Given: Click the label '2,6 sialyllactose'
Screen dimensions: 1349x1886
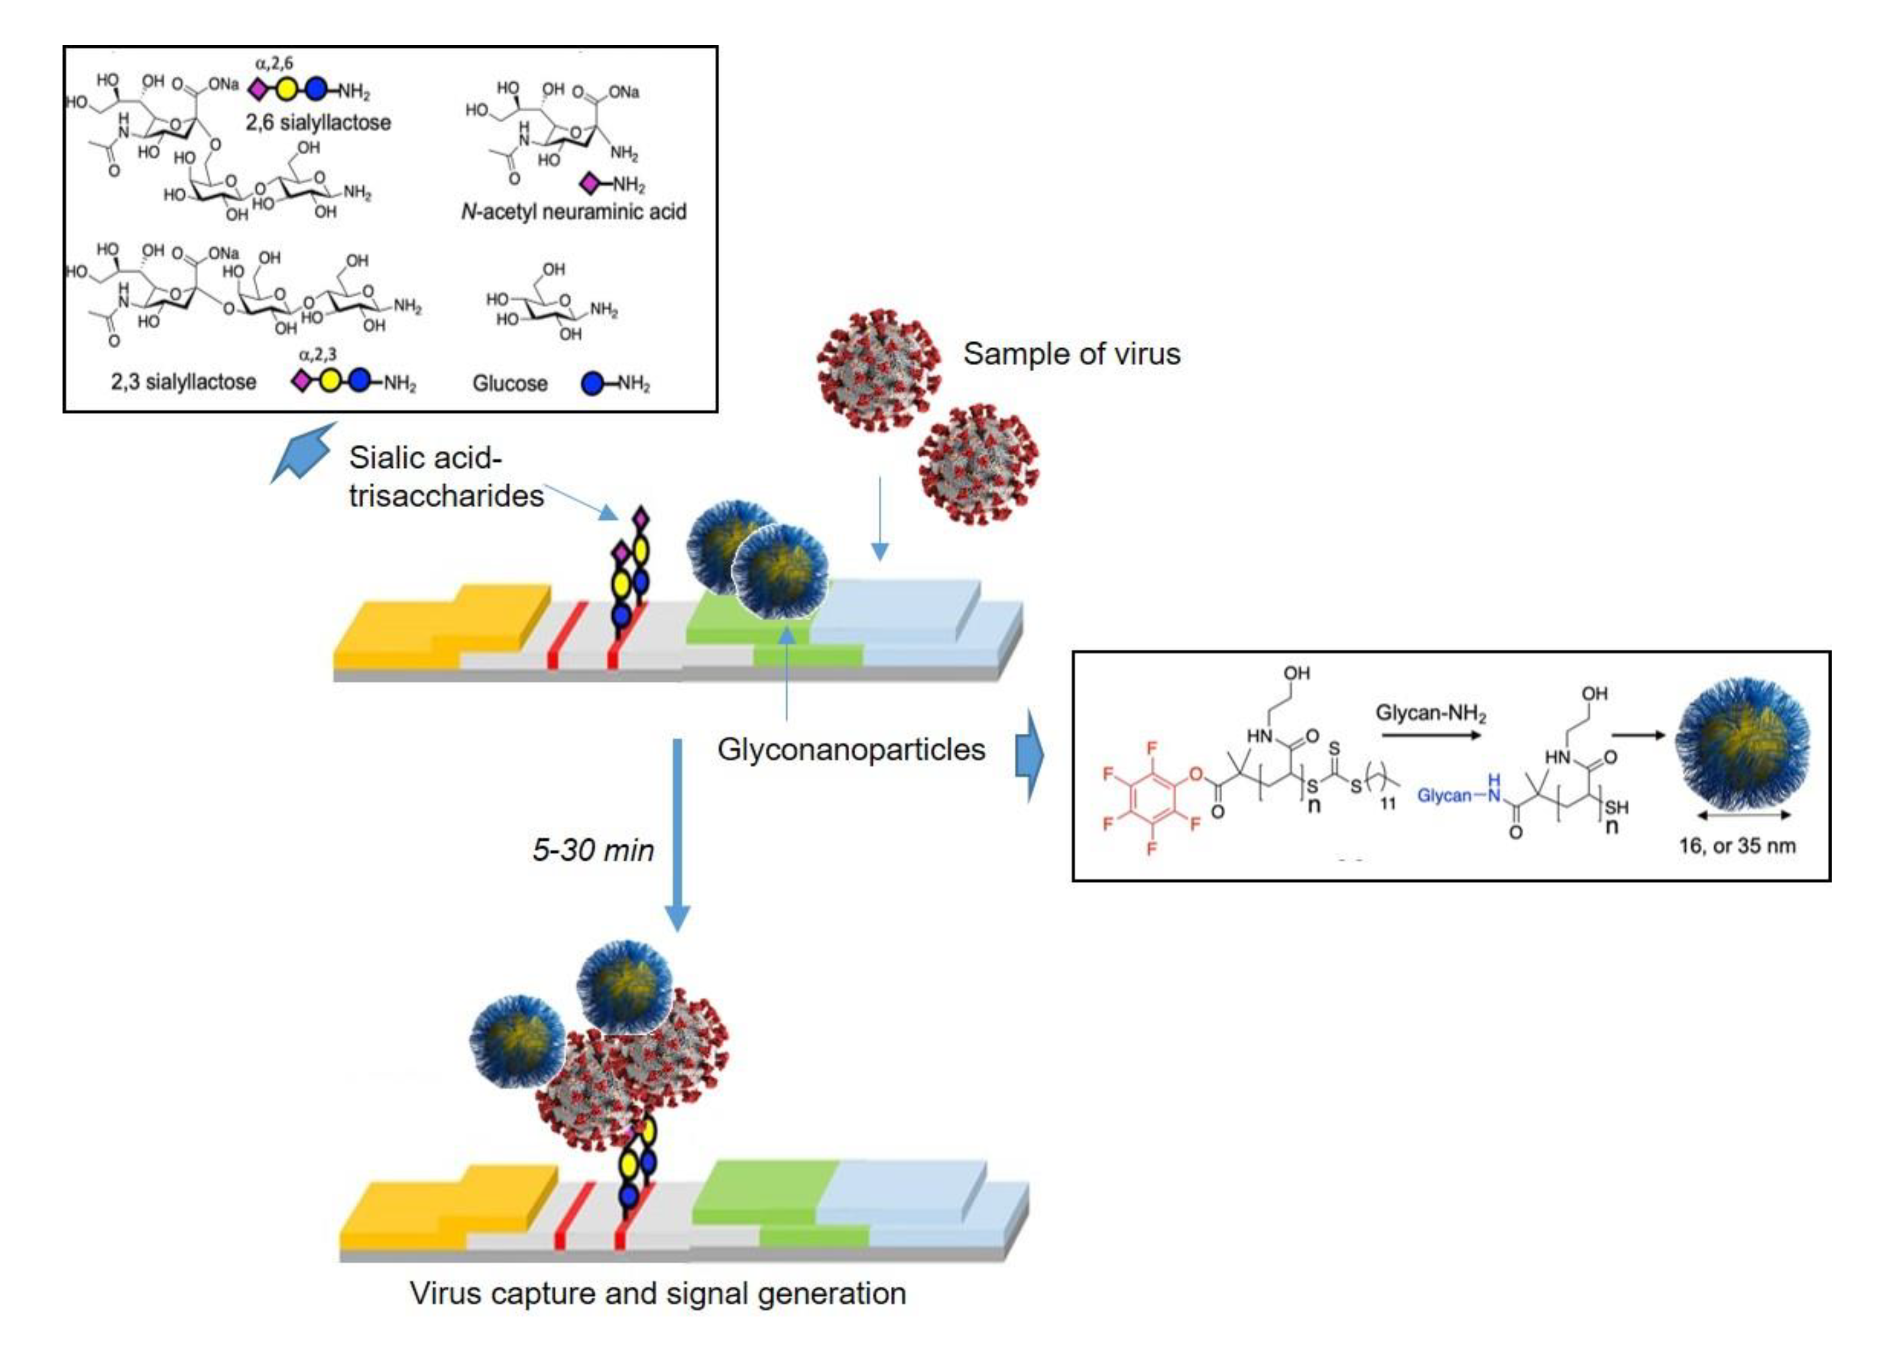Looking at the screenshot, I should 318,123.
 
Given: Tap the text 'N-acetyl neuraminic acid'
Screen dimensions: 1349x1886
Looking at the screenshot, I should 573,212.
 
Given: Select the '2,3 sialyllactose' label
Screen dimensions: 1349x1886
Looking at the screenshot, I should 184,382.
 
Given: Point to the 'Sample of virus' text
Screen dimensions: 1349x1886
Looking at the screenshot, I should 1071,354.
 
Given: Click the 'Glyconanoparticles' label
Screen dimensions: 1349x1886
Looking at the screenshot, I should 851,749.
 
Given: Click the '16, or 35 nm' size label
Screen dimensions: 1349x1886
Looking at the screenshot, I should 1736,846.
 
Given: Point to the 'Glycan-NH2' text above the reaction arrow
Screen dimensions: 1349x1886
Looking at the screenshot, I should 1430,713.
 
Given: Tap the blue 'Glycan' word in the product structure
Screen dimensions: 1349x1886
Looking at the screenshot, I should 1444,795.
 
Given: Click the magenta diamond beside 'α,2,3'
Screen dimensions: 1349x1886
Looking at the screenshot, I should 301,381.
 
